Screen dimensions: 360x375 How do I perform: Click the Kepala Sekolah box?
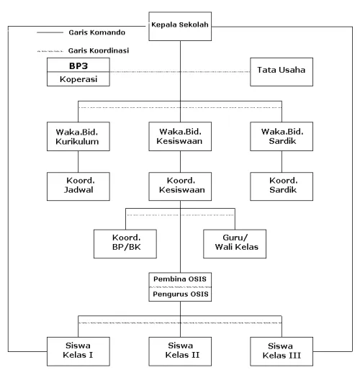coord(180,26)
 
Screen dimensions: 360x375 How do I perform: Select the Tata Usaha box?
coord(282,72)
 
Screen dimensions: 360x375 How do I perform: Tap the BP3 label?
coord(78,65)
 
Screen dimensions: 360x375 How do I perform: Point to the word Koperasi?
coord(78,79)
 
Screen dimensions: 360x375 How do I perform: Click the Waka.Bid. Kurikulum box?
coord(78,136)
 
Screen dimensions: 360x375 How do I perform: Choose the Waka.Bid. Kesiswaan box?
coord(180,136)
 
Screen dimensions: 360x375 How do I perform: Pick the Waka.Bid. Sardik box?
coord(282,136)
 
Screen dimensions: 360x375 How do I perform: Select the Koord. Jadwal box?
coord(78,186)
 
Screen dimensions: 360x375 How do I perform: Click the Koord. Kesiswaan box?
coord(180,186)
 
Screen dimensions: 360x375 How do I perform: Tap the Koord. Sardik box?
coord(282,186)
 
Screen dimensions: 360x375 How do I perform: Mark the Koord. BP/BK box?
coord(125,244)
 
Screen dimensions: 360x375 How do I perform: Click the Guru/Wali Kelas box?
coord(235,244)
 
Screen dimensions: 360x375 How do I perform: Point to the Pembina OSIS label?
coord(180,279)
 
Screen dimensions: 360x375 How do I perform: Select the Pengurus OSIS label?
coord(181,294)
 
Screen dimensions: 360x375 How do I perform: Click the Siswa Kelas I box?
coord(78,351)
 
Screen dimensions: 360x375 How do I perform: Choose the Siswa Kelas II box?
coord(180,351)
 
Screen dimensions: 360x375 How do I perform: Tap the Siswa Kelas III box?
coord(282,351)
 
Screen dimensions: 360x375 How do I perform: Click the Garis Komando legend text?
coord(97,32)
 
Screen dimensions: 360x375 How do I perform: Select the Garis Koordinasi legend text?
coord(99,50)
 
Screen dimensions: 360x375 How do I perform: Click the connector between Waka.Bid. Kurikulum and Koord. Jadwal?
coord(78,161)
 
